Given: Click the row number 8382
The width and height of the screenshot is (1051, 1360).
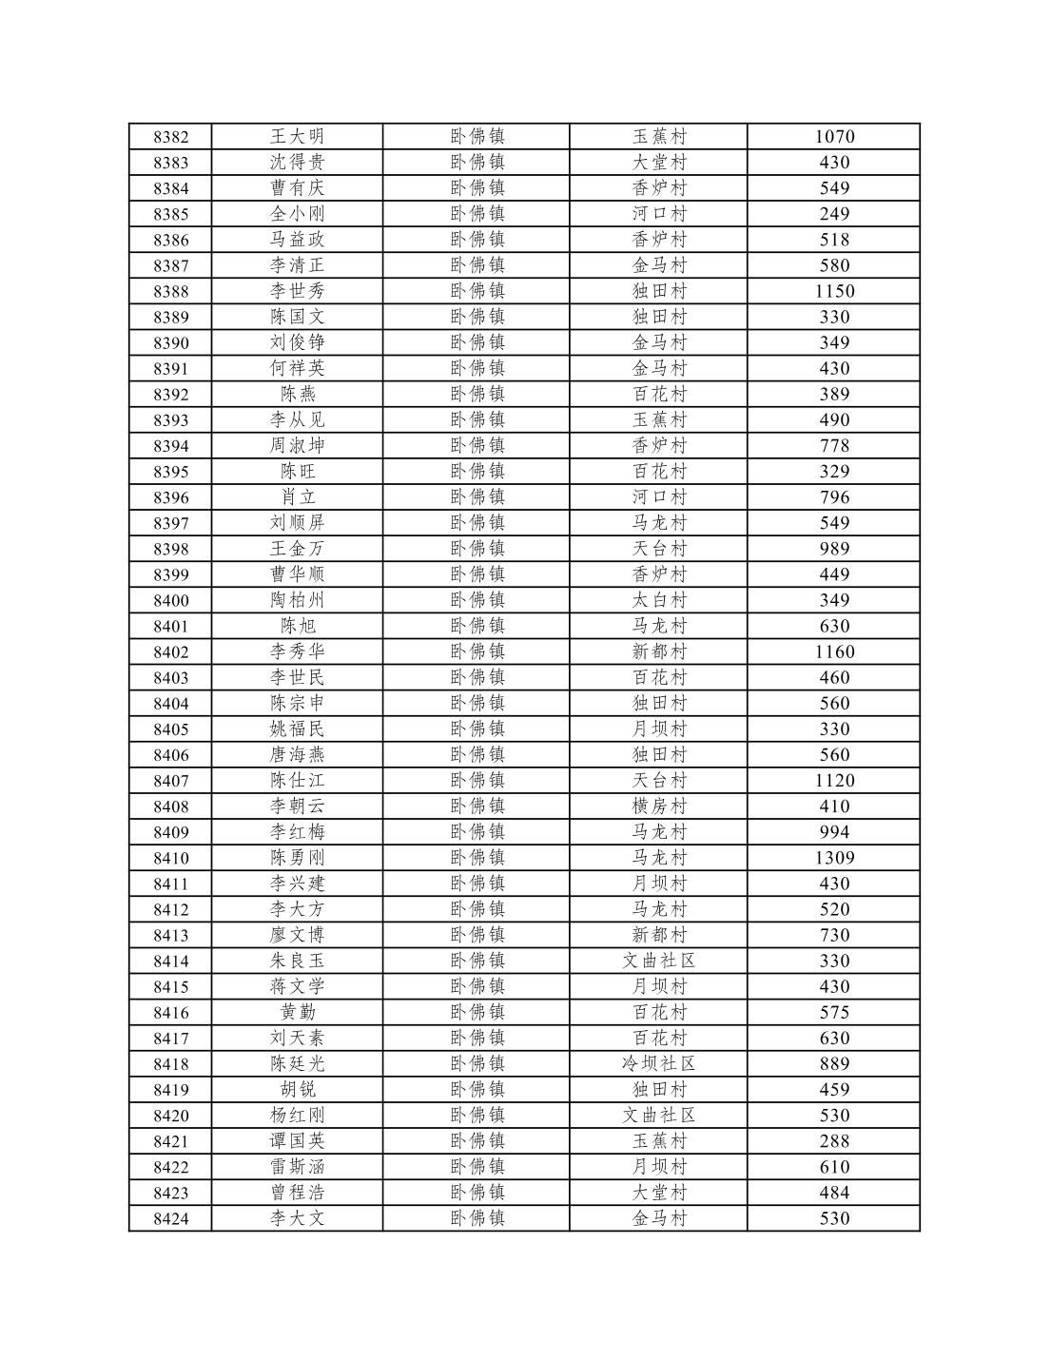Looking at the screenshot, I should click(171, 137).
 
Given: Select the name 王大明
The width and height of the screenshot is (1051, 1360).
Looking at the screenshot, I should click(297, 137).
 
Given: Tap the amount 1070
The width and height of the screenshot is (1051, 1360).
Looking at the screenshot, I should click(834, 137).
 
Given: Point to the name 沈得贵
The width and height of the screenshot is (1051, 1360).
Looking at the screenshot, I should click(297, 163).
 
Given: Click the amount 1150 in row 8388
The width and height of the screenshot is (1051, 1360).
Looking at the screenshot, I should click(834, 291).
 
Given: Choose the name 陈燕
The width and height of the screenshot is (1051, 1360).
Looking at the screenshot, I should click(297, 394).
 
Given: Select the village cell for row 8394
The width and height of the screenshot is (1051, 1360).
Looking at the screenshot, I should click(659, 445).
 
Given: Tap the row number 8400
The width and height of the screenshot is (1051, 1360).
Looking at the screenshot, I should click(171, 600).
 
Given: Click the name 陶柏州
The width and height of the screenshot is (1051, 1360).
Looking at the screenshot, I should click(297, 600).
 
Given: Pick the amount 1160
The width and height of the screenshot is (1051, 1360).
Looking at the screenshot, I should click(834, 651).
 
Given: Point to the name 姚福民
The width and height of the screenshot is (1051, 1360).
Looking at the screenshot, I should click(297, 729).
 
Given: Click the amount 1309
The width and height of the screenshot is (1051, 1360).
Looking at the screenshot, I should click(834, 858).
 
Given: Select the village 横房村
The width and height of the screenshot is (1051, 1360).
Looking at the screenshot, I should click(659, 806).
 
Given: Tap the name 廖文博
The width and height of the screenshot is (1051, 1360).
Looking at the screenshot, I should click(297, 935).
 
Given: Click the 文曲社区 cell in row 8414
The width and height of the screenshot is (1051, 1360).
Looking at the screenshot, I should click(659, 961).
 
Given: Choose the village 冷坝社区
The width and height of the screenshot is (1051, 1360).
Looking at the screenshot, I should click(659, 1063).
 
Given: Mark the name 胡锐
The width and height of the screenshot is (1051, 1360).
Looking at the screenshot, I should click(297, 1089).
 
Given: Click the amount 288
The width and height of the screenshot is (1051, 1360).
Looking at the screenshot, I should click(834, 1141).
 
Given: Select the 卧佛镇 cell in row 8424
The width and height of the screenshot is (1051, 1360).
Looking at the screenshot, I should click(477, 1218).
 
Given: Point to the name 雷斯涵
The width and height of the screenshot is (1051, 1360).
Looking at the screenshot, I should click(297, 1167).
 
